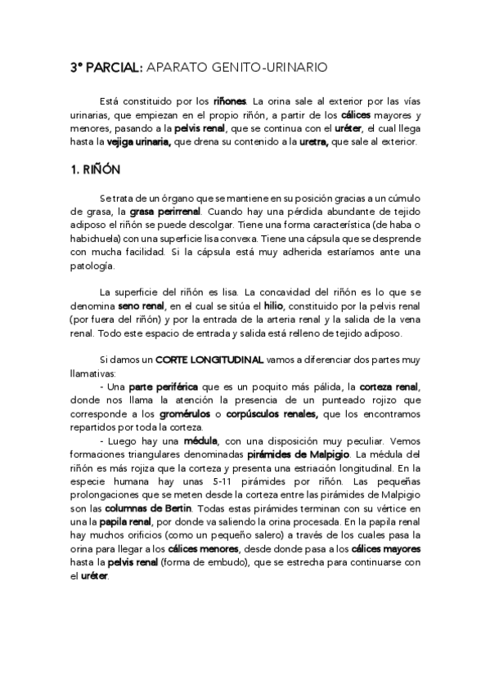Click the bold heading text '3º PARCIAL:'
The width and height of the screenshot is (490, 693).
pos(104,69)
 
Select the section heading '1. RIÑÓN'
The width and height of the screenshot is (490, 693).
pos(93,171)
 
